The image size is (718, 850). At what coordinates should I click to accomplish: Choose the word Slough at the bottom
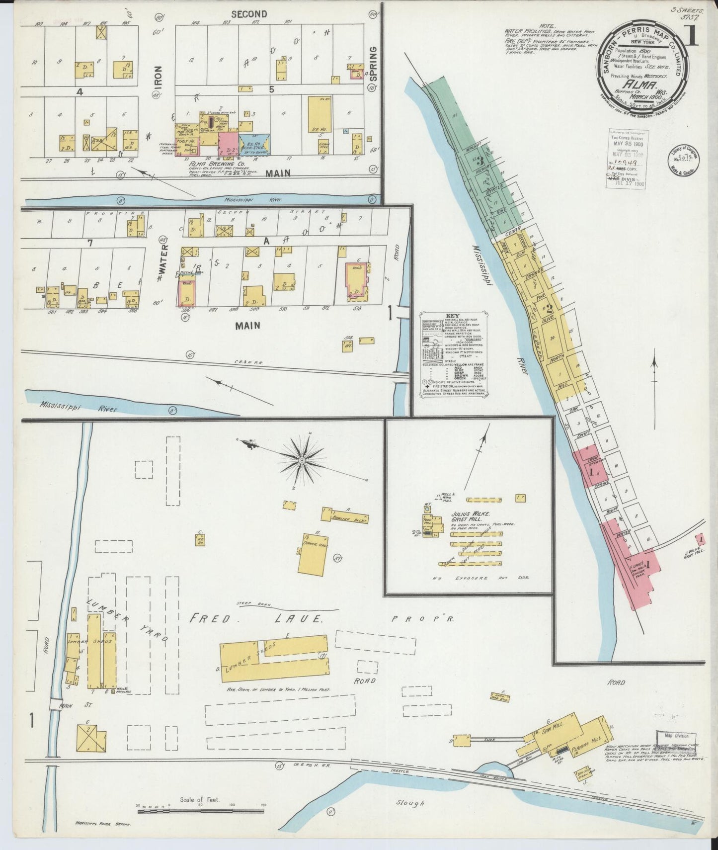coord(410,802)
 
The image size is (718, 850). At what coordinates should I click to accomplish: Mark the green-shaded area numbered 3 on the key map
coord(480,162)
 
